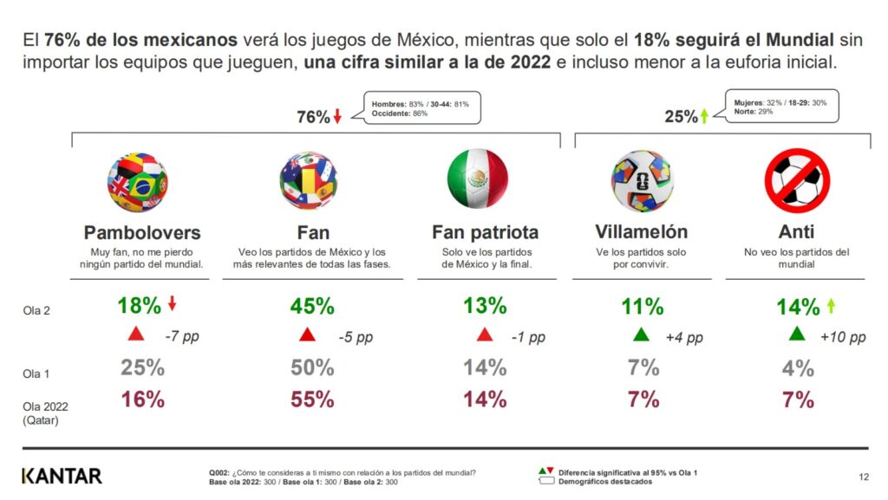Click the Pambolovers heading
pos(142,232)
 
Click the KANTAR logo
pos(62,475)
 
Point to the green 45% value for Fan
pos(312,305)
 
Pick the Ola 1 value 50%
pos(312,367)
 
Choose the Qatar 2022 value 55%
pos(312,399)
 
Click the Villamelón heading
pos(642,231)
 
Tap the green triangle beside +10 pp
pos(797,334)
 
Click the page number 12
pos(863,476)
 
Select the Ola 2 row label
pos(36,310)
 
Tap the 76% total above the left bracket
pos(313,118)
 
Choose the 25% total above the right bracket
pos(681,117)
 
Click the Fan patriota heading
pos(485,232)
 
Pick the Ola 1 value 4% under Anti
pos(797,367)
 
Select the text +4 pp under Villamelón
pos(684,337)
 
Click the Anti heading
pos(797,231)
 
